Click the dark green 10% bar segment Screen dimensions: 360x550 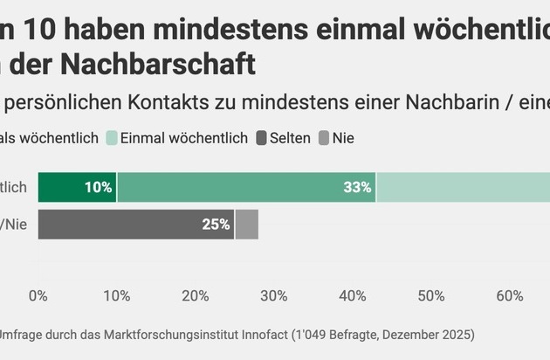click(x=78, y=187)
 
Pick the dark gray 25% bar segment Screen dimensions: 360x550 click(x=136, y=225)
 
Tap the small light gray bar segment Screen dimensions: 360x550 click(x=247, y=225)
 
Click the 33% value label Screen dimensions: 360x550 click(x=357, y=187)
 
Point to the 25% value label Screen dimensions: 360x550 click(x=216, y=225)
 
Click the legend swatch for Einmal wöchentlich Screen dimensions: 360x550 click(x=112, y=138)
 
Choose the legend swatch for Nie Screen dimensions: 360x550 click(x=324, y=138)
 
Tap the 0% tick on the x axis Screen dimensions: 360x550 click(x=38, y=296)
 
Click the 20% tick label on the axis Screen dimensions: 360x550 click(x=195, y=296)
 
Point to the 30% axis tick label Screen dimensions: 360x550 click(x=273, y=296)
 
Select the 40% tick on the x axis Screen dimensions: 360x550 click(x=352, y=296)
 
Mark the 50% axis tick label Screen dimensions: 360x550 click(x=431, y=296)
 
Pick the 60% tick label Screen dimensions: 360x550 click(x=510, y=296)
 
